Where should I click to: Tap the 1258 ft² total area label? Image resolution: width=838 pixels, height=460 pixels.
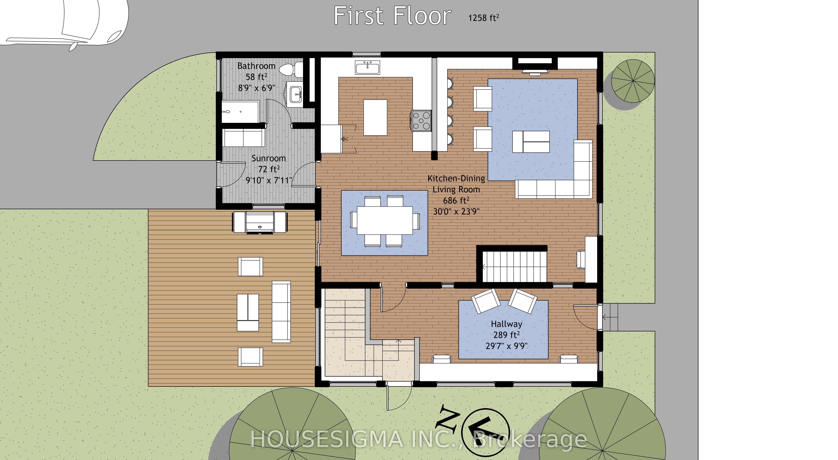[x=483, y=18]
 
